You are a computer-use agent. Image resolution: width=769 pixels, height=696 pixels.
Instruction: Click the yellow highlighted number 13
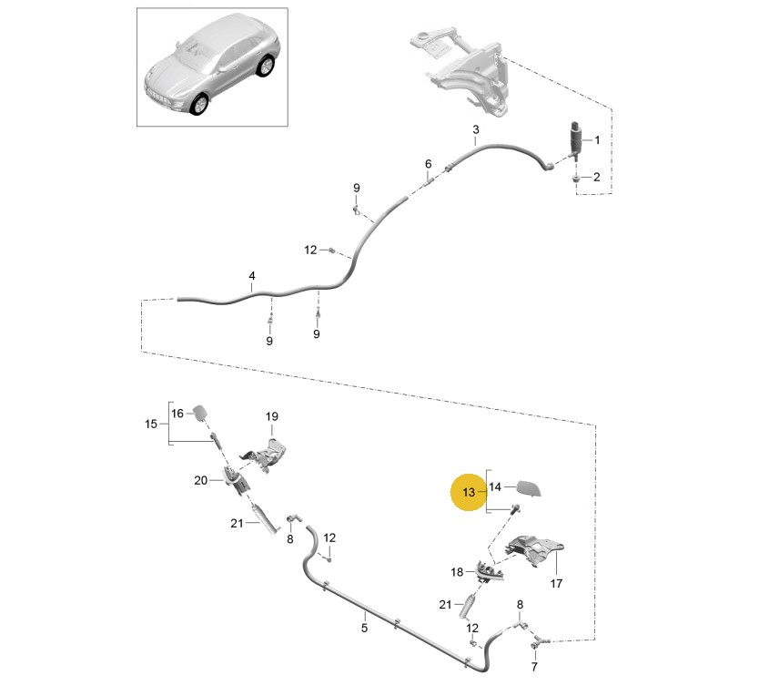(469, 493)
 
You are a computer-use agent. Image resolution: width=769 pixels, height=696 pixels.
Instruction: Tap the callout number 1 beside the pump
(597, 140)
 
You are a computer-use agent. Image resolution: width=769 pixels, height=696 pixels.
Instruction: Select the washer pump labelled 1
(576, 137)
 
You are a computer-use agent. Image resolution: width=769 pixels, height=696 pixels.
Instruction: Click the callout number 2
(597, 177)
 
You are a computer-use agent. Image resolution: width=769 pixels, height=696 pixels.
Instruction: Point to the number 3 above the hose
(475, 131)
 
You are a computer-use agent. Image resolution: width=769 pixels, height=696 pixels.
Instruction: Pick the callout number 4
(252, 275)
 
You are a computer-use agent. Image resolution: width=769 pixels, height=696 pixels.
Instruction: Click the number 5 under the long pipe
(364, 627)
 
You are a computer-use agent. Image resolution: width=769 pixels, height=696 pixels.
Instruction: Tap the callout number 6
(428, 164)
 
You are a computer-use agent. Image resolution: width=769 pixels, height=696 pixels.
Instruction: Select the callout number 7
(534, 667)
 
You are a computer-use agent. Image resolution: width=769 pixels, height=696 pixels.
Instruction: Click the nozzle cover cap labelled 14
(529, 489)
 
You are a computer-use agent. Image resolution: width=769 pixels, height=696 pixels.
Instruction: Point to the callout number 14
(495, 486)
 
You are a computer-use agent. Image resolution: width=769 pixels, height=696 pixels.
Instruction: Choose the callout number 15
(152, 424)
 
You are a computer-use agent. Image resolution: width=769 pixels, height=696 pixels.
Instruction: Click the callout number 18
(457, 571)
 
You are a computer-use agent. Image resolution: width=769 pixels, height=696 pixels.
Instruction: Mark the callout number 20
(202, 479)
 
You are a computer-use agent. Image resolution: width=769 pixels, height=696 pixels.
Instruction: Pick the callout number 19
(271, 417)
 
